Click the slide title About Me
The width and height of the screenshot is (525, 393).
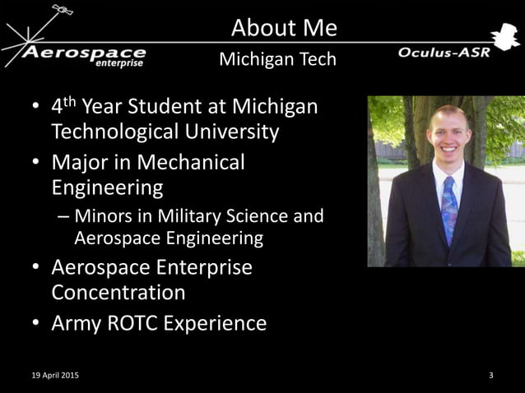[284, 28]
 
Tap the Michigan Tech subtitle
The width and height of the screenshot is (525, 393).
[277, 60]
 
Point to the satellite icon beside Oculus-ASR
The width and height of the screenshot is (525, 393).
[502, 37]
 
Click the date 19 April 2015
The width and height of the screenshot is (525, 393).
[51, 376]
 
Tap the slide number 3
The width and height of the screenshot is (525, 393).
[491, 376]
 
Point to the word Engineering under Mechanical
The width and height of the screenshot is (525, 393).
[107, 187]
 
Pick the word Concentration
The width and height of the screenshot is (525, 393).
[118, 293]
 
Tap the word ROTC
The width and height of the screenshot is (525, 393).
[136, 323]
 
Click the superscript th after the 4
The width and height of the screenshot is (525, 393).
[71, 102]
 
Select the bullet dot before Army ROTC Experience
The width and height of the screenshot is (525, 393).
[36, 324]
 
